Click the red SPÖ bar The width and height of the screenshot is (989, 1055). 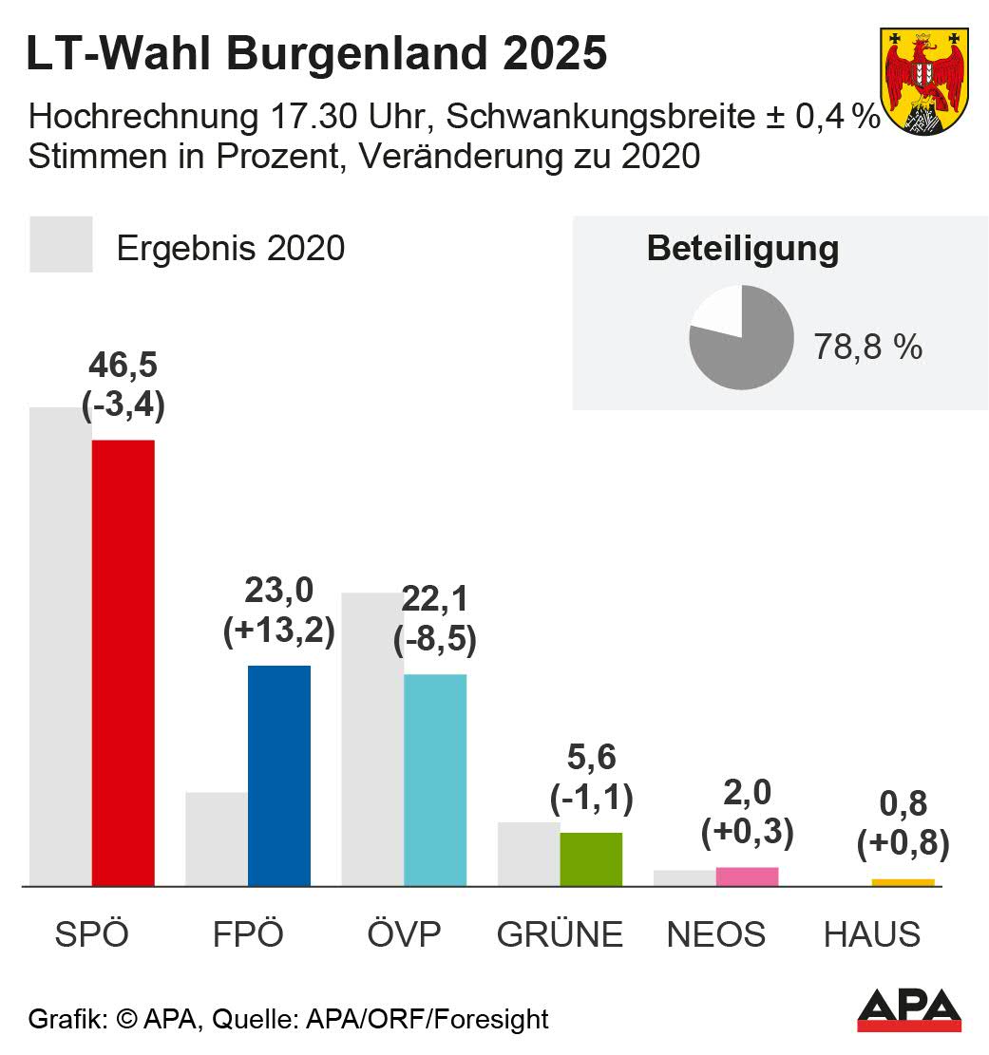[x=123, y=663]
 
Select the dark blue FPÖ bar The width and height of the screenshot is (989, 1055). [x=278, y=776]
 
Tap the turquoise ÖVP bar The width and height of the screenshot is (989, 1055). [x=434, y=780]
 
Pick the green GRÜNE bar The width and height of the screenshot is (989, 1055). [x=591, y=859]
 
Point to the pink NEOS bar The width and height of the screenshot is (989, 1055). [x=747, y=876]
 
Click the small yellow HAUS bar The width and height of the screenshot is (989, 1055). [x=903, y=882]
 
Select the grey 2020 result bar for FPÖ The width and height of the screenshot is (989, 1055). [x=217, y=838]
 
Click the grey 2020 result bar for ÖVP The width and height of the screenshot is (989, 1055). [x=372, y=739]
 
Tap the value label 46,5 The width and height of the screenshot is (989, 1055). [x=124, y=366]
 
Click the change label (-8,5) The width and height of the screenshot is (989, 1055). [x=435, y=639]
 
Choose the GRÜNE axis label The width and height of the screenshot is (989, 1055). [x=560, y=934]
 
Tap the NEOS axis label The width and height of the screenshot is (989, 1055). [x=715, y=934]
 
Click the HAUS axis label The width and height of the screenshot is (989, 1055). [x=871, y=934]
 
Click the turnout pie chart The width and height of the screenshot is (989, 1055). [x=741, y=337]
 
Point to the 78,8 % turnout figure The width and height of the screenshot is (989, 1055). [x=867, y=347]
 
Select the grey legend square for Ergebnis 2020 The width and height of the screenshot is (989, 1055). [x=61, y=245]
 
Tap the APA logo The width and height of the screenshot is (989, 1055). [x=909, y=1010]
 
